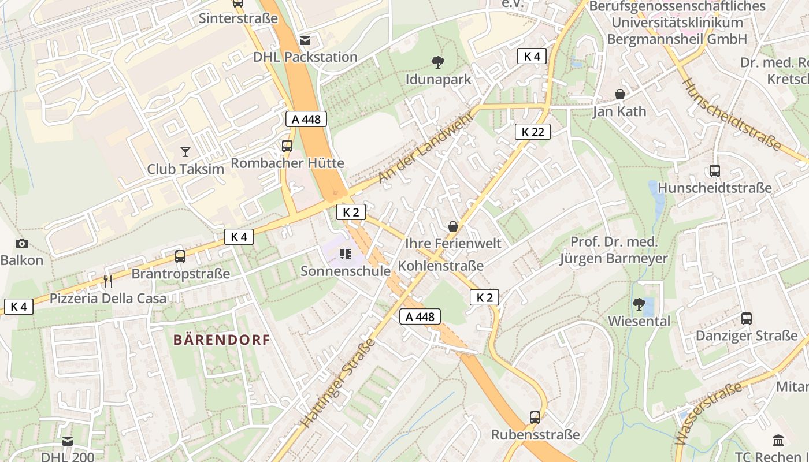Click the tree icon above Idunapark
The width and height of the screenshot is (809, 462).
pos(438,62)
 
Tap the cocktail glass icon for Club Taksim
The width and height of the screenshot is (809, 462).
pos(185,152)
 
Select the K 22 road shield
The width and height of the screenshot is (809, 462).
pos(532,132)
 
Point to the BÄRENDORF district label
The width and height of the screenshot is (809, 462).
pos(222,340)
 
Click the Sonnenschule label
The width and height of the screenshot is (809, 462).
pos(346,271)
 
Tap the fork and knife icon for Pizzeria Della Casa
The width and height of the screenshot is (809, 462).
pos(107,281)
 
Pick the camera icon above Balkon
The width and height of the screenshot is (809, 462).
pos(22,244)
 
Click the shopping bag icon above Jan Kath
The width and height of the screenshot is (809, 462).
pos(620,94)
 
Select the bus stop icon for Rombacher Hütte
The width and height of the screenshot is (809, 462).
pos(287,146)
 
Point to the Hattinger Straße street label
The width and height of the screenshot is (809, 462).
pos(338,383)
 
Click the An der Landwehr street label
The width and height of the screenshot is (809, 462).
pos(425,148)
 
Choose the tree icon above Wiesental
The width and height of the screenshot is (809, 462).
pos(639,304)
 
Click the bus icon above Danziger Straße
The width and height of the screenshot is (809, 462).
pos(746,319)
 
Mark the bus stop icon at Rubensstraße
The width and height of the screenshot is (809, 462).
pos(535,418)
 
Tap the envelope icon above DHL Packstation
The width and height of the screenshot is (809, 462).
pos(305,40)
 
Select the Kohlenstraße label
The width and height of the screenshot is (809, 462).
pos(441,266)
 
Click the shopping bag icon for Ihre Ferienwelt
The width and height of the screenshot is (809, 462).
pos(453,226)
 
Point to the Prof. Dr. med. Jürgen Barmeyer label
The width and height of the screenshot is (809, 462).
pos(614,250)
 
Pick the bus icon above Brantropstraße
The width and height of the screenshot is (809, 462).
pos(180,256)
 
